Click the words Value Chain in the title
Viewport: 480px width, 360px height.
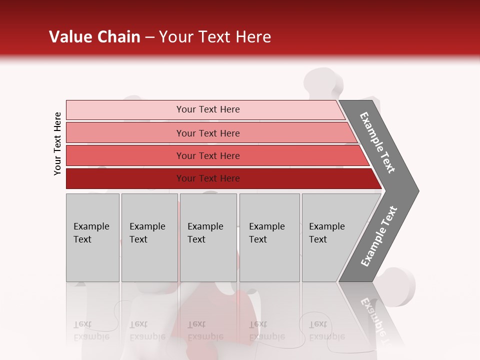click(94, 37)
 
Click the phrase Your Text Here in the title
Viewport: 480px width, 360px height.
click(215, 37)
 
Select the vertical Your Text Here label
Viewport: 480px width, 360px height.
click(57, 143)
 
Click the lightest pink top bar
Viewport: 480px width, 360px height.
click(125, 110)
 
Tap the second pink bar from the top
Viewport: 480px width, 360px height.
click(125, 133)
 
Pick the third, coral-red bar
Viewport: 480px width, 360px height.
click(125, 155)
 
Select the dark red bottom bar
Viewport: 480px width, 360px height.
click(125, 178)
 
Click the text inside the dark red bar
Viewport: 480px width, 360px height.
click(208, 178)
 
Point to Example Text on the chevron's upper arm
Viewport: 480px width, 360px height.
click(377, 142)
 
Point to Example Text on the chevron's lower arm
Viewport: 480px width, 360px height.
click(379, 236)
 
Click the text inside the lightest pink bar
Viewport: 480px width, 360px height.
click(208, 109)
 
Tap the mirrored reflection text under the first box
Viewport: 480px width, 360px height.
click(91, 330)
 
